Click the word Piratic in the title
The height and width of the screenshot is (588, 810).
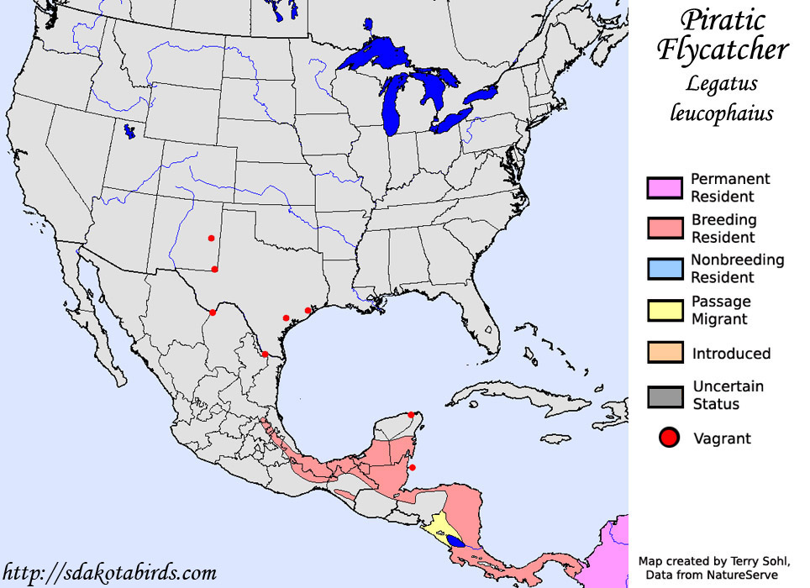(x=722, y=21)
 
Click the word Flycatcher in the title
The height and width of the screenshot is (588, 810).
(x=722, y=50)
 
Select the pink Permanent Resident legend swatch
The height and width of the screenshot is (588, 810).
(x=664, y=188)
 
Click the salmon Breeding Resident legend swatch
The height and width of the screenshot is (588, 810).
(x=664, y=228)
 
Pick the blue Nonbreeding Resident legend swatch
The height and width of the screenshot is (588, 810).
(x=664, y=269)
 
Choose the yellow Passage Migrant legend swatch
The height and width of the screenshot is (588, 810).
(x=664, y=310)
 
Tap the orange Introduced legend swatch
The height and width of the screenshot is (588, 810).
(x=664, y=353)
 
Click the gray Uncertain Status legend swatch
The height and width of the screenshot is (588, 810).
(x=664, y=396)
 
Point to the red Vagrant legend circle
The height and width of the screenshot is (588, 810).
(x=668, y=438)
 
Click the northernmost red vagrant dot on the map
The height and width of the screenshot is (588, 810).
(x=211, y=239)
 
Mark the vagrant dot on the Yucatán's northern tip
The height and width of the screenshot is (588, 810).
(x=411, y=414)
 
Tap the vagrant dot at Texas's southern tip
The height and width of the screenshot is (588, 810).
(x=265, y=354)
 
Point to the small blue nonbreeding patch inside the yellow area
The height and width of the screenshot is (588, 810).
(x=455, y=540)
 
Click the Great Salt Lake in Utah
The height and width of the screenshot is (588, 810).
(x=129, y=132)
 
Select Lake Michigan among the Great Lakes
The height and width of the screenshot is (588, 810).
(x=392, y=105)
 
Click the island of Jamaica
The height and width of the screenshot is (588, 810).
(x=556, y=438)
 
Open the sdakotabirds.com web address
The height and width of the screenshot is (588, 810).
(x=109, y=574)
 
